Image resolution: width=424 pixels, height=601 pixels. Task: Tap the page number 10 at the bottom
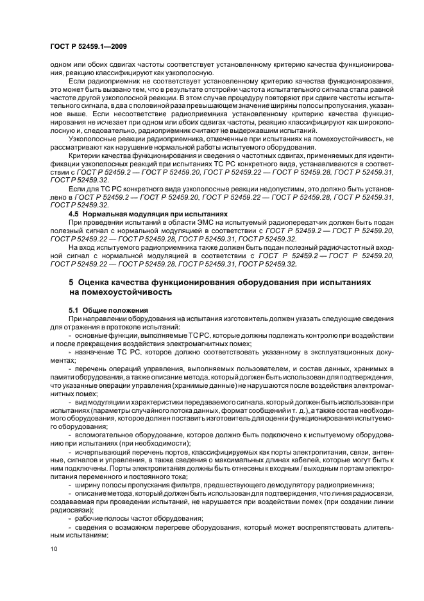coord(53,549)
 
